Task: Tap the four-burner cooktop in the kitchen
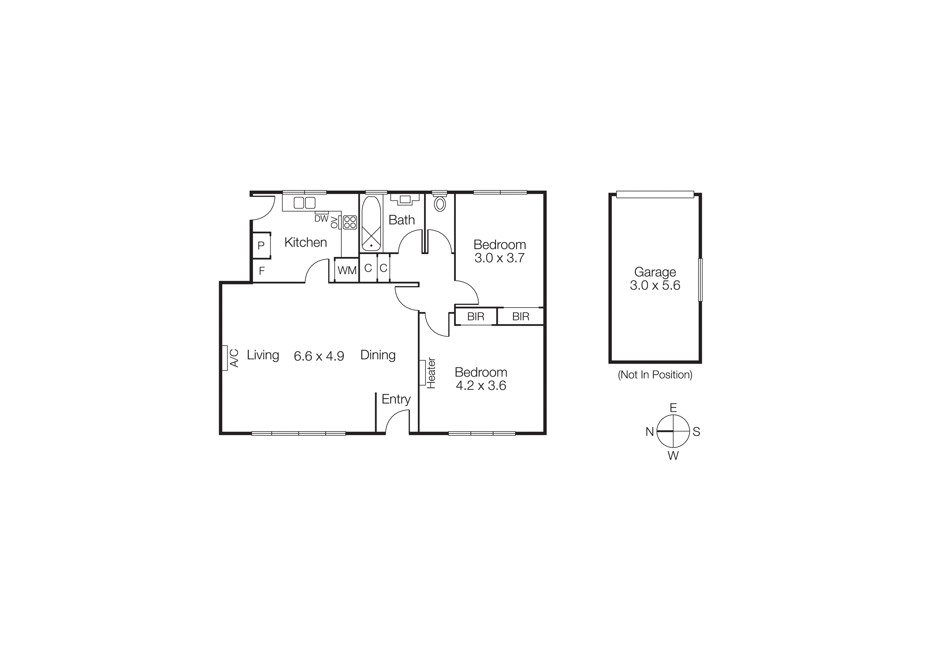(350, 222)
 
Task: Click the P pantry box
(261, 245)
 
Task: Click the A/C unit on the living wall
(225, 358)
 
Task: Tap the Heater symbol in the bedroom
(423, 373)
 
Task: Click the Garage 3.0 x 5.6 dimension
(655, 285)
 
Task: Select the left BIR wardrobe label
(475, 317)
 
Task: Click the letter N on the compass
(649, 432)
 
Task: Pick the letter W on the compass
(673, 456)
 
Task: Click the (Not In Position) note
(655, 375)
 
